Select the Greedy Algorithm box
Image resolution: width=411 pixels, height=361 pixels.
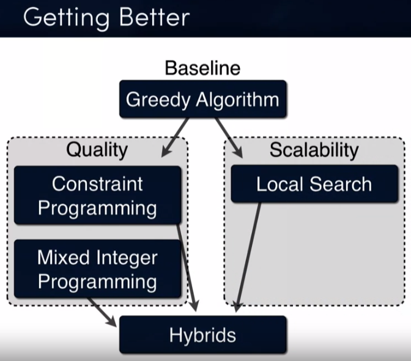point(202,99)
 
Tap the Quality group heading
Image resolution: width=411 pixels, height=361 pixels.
point(97,149)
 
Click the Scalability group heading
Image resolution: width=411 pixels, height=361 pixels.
point(314,149)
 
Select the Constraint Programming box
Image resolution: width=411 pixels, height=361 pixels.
point(97,195)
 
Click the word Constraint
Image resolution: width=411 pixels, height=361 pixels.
point(97,184)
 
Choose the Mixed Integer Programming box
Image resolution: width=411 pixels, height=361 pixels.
point(97,269)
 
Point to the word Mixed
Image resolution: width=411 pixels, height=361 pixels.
point(60,257)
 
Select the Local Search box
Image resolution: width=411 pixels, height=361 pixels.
point(314,184)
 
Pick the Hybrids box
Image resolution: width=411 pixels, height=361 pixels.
point(202,335)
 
